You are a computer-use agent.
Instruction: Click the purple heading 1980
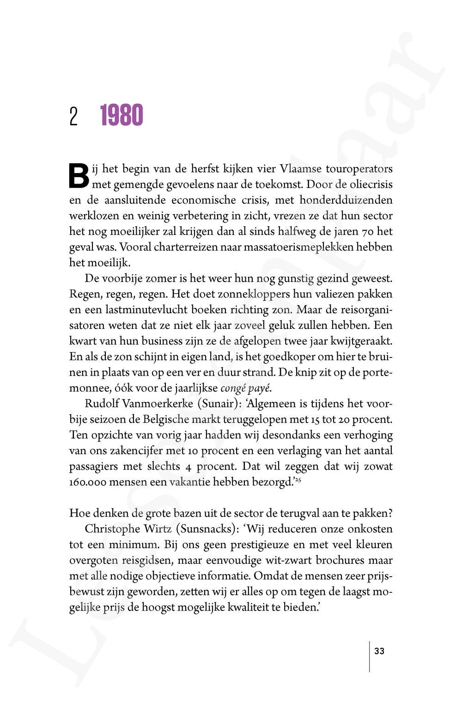[x=122, y=116]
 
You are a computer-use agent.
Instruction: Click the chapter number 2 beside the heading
[x=73, y=116]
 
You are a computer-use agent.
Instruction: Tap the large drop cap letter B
[x=79, y=176]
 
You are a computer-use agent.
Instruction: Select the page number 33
[x=379, y=651]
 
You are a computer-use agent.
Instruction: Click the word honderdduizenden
[x=346, y=200]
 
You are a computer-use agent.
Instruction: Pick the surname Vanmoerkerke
[x=158, y=404]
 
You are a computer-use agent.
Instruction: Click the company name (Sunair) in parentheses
[x=217, y=404]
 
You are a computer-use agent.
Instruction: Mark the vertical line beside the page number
[x=369, y=656]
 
